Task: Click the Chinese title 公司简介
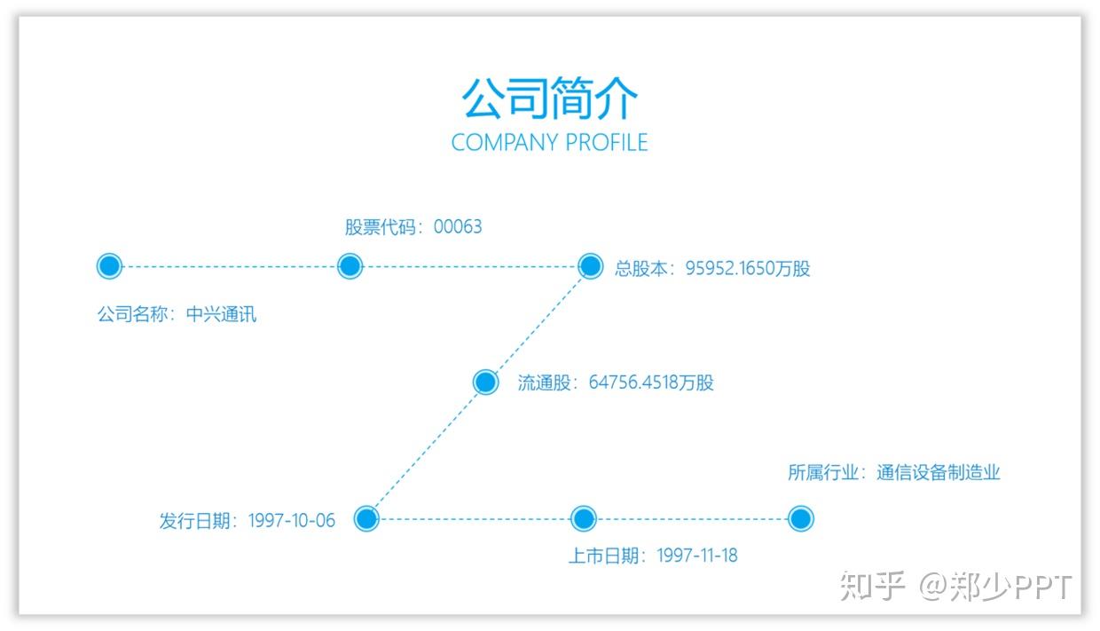(x=549, y=98)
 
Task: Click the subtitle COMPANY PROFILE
(x=549, y=143)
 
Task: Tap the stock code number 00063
(x=458, y=227)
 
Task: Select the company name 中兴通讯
(x=221, y=314)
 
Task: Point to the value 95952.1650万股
(x=748, y=268)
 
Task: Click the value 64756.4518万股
(x=651, y=383)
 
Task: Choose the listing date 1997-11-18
(x=697, y=556)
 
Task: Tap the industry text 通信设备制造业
(x=939, y=473)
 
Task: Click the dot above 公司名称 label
(x=108, y=265)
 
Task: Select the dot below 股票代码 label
(x=350, y=265)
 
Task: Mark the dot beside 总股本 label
(x=590, y=265)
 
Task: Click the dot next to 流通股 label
(x=485, y=383)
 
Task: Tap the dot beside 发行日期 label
(x=366, y=519)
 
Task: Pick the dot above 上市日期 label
(x=583, y=519)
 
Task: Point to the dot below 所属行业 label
(x=800, y=519)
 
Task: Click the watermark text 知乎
(x=872, y=587)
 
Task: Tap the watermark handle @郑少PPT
(x=995, y=587)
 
